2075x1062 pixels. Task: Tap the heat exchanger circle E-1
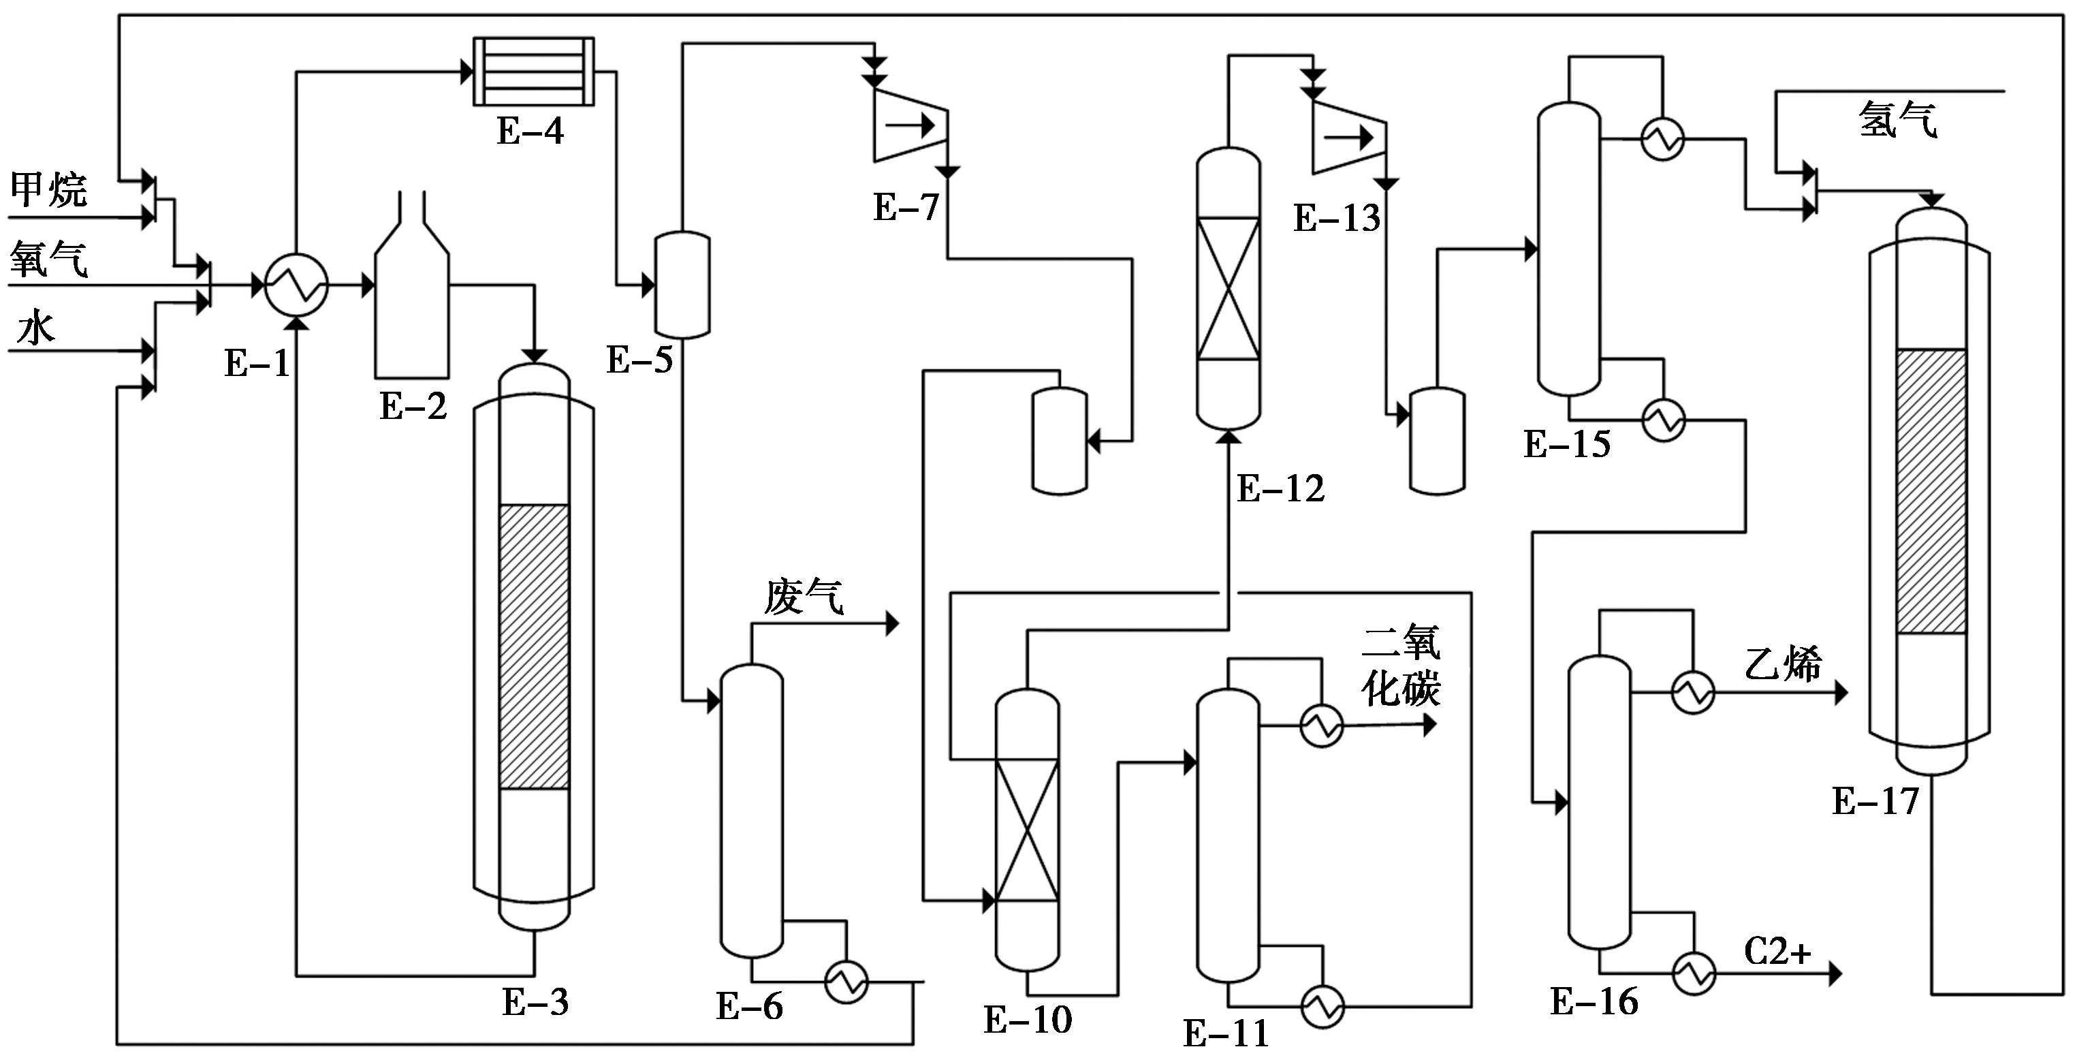pyautogui.click(x=296, y=285)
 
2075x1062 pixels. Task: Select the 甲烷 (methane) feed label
pyautogui.click(x=48, y=190)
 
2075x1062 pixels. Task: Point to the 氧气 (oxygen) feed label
pyautogui.click(x=48, y=260)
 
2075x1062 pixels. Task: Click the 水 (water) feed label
pyautogui.click(x=35, y=328)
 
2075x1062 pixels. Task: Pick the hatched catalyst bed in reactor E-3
pyautogui.click(x=534, y=646)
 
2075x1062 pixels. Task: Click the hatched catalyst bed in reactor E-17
pyautogui.click(x=1931, y=490)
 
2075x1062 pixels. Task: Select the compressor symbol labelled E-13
pyautogui.click(x=1349, y=137)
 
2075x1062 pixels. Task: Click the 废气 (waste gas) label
pyautogui.click(x=804, y=597)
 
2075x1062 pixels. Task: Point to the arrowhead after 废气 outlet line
pyautogui.click(x=893, y=623)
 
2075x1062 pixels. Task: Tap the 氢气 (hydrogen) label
pyautogui.click(x=1898, y=120)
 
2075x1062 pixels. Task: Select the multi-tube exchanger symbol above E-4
pyautogui.click(x=533, y=71)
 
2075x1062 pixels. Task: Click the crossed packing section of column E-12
pyautogui.click(x=1229, y=288)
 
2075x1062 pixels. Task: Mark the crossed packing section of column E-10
pyautogui.click(x=1027, y=829)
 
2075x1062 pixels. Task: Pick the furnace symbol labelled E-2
pyautogui.click(x=411, y=285)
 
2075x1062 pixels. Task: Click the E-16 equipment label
pyautogui.click(x=1594, y=1001)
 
